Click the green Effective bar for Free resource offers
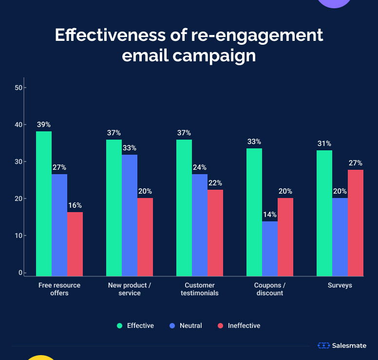pyautogui.click(x=44, y=203)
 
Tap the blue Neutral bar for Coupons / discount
pyautogui.click(x=270, y=249)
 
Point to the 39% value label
pyautogui.click(x=44, y=125)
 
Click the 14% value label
pyautogui.click(x=270, y=215)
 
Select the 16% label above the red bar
pyautogui.click(x=75, y=205)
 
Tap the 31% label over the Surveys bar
pyautogui.click(x=324, y=144)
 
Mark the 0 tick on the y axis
pyautogui.click(x=20, y=272)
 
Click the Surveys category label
pyautogui.click(x=340, y=286)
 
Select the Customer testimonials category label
pyautogui.click(x=200, y=289)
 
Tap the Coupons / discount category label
pyautogui.click(x=270, y=289)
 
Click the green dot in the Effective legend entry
pyautogui.click(x=119, y=325)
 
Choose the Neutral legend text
pyautogui.click(x=190, y=325)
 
